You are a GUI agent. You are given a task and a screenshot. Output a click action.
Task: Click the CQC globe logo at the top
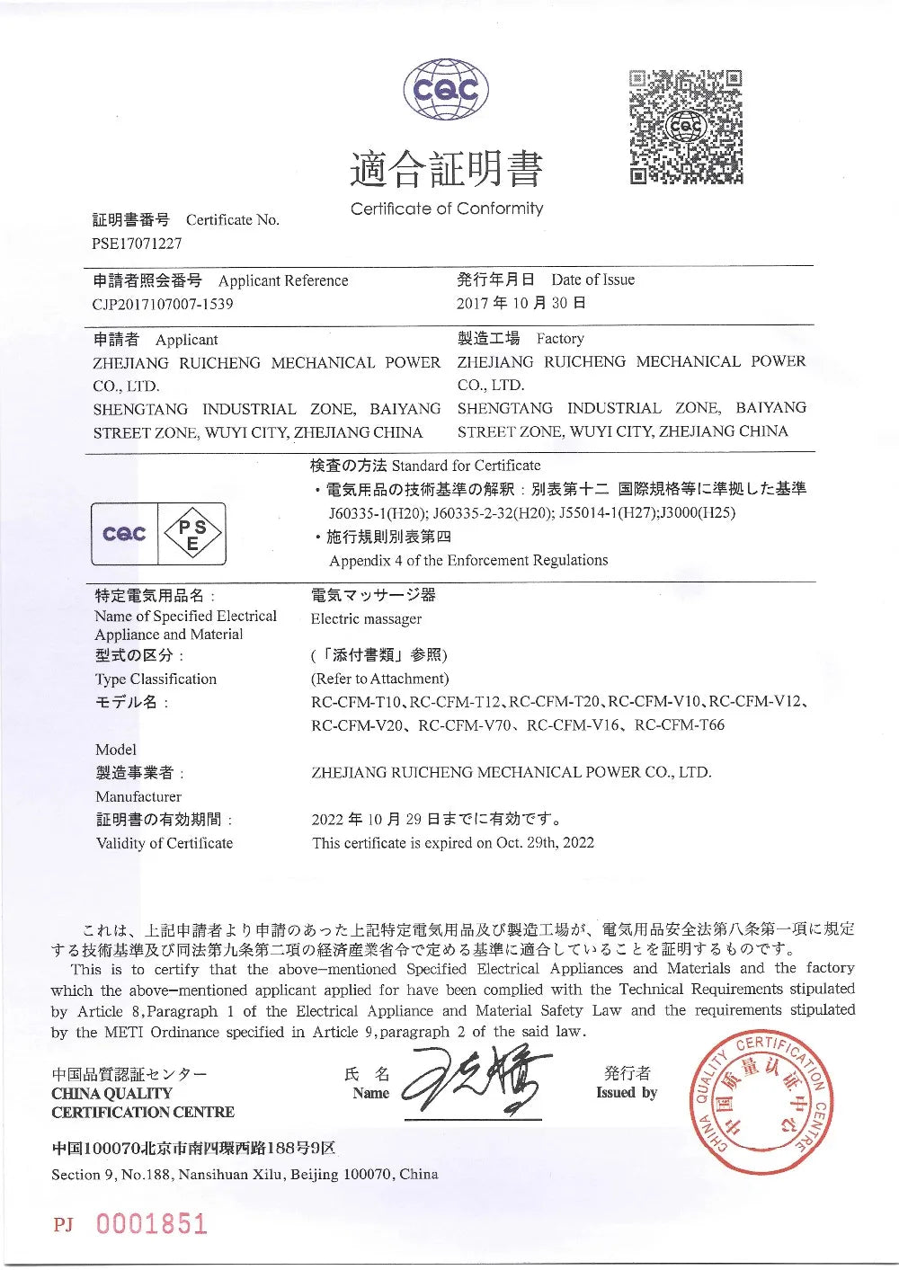coord(447,90)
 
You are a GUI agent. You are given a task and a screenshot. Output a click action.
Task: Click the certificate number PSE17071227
coord(137,244)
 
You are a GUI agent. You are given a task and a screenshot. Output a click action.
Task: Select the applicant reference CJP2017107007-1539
coord(163,304)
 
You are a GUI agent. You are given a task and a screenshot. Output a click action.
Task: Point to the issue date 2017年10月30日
coord(521,303)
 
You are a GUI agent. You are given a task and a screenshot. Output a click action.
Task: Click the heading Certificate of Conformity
coord(447,209)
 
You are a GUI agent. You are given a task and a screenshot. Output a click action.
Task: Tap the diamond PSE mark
coord(192,534)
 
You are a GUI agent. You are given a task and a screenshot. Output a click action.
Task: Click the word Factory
coord(560,339)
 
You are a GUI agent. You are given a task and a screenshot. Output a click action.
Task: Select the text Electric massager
coord(366,619)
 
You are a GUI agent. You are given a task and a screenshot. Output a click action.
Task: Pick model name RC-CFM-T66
coord(679,724)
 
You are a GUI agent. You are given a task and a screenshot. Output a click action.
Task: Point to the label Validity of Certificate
coord(165,843)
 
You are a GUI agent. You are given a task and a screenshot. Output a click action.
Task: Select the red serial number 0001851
coord(151,1223)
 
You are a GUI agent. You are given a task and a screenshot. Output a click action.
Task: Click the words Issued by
coord(627,1093)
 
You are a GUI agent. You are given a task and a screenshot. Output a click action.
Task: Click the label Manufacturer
coord(138,796)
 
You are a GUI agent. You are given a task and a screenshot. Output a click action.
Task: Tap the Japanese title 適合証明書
coord(447,170)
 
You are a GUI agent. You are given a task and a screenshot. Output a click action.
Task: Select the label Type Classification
coord(156,679)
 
